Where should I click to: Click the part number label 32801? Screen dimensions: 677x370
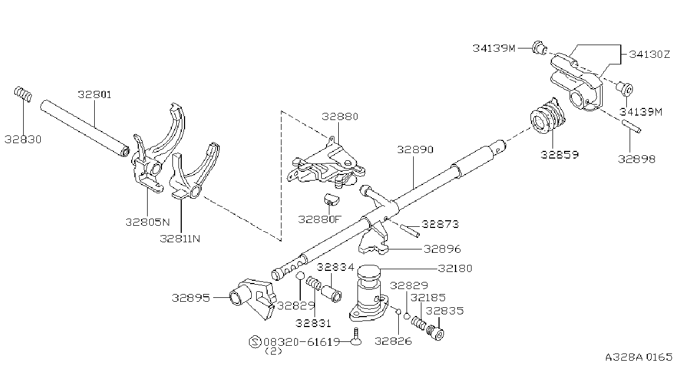[95, 95]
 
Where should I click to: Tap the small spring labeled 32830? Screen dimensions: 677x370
[23, 94]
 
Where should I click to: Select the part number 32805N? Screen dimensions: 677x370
[148, 222]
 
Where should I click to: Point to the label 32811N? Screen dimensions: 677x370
[180, 239]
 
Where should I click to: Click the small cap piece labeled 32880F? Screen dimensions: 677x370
[332, 200]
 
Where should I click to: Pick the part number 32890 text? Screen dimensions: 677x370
[415, 150]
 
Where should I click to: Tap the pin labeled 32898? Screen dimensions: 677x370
[631, 126]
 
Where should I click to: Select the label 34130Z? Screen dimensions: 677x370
[649, 55]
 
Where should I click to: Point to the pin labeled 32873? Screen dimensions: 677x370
[410, 231]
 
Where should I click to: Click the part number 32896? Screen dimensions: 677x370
[442, 249]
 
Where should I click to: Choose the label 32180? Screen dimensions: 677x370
[455, 268]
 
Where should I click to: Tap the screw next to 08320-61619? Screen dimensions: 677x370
[356, 336]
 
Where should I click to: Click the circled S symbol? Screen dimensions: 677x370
[255, 342]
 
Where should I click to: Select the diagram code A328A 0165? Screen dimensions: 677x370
[638, 357]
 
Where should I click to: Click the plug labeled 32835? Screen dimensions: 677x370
[435, 332]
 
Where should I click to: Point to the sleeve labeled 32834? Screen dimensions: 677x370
[331, 294]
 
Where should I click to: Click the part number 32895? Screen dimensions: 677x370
[191, 298]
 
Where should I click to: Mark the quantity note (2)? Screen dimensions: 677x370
[273, 351]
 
